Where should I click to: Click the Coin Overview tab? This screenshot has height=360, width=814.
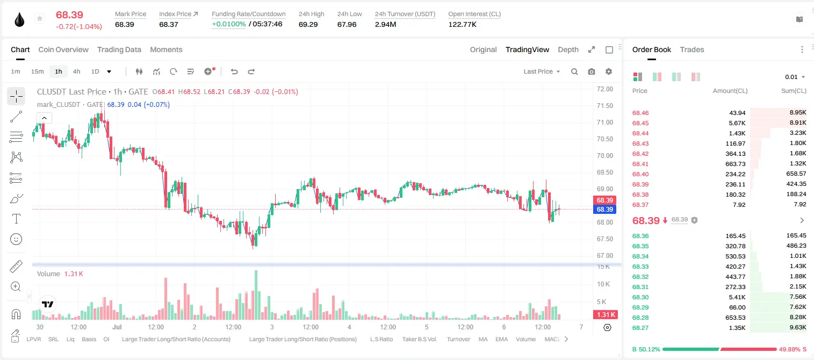coord(63,49)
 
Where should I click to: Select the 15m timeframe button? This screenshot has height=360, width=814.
coord(38,71)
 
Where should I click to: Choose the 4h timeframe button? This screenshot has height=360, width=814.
coord(76,71)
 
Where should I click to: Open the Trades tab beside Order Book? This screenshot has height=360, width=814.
coord(692,49)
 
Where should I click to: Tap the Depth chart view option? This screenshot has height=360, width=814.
coord(568,49)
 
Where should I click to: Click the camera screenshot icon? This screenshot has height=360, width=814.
coord(592,71)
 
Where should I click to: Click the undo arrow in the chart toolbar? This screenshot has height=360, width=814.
coord(234,71)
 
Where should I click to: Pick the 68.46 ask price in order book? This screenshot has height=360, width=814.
coord(640,113)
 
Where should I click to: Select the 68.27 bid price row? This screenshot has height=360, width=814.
coord(640,328)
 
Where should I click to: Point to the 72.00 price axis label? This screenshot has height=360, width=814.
coord(604,89)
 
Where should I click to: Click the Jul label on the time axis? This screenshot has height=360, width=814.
coord(117,327)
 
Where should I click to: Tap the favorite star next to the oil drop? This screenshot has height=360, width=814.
coord(40,18)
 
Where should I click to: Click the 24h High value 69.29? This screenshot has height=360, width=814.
coord(308,24)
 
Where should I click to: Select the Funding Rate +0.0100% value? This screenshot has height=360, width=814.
coord(228,24)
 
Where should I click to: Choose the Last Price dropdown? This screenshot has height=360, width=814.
coord(542,71)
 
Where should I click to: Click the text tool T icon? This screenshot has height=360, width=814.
coord(16,219)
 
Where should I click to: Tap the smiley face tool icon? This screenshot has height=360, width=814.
coord(16,239)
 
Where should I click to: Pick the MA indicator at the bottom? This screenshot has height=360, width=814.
coord(483,339)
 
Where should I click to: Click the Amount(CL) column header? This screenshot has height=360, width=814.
coord(730,91)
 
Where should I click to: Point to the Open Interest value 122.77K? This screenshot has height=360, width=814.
coord(462,24)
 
